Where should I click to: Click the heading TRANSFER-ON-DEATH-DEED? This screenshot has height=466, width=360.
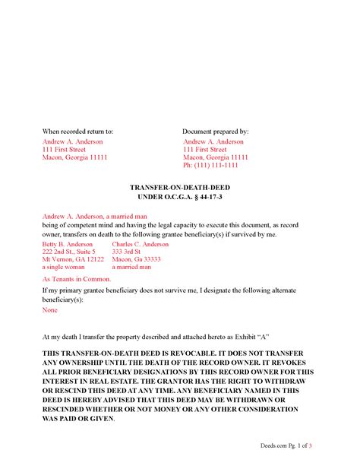179,186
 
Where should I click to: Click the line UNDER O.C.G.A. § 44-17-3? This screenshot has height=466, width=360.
179,197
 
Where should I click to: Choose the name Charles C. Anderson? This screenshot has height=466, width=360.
141,244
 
